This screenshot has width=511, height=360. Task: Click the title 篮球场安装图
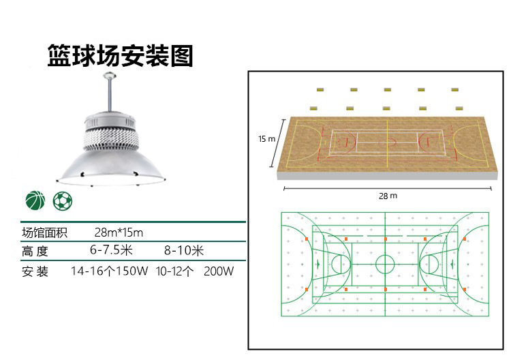(x=120, y=56)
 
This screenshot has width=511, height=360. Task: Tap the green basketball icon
(x=35, y=200)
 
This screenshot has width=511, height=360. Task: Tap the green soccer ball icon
(x=62, y=200)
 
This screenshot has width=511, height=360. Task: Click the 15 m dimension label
(x=266, y=139)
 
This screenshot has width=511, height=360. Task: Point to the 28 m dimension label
(x=388, y=196)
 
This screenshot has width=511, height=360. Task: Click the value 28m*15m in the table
(x=119, y=232)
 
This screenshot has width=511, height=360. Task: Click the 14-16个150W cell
(x=110, y=271)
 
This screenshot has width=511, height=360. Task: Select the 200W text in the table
(x=219, y=271)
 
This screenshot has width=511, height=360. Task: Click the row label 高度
(x=35, y=251)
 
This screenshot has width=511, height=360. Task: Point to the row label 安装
(x=35, y=271)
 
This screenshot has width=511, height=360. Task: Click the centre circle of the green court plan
(x=385, y=264)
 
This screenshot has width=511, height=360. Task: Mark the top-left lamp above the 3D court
(x=319, y=89)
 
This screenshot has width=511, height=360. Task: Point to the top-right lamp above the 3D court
(x=454, y=89)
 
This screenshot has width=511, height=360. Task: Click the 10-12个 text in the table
(x=174, y=271)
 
